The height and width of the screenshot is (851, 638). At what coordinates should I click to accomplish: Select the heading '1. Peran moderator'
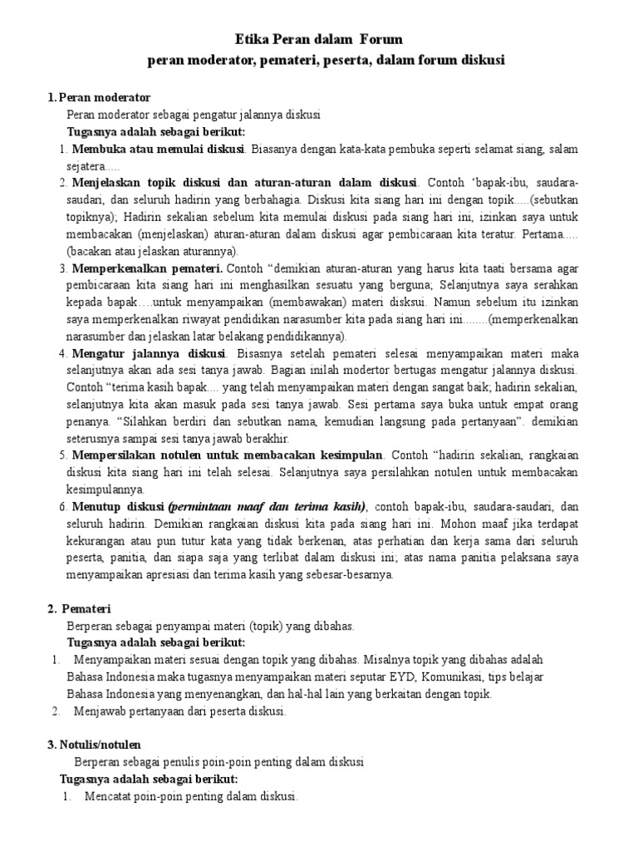pyautogui.click(x=99, y=98)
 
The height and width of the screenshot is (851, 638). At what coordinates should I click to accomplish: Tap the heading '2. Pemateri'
pyautogui.click(x=84, y=609)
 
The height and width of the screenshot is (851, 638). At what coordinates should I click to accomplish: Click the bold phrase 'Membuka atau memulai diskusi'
pyautogui.click(x=158, y=149)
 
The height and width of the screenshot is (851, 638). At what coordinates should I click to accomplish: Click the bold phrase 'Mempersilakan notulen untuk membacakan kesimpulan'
pyautogui.click(x=228, y=455)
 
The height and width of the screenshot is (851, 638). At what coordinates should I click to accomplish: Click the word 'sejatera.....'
pyautogui.click(x=95, y=165)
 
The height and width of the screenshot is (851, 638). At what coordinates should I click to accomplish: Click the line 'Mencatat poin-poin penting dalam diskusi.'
pyautogui.click(x=190, y=796)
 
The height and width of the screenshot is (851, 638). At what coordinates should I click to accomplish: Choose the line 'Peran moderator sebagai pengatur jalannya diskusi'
pyautogui.click(x=194, y=115)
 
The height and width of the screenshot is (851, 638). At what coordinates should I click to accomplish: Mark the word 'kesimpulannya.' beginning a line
pyautogui.click(x=106, y=489)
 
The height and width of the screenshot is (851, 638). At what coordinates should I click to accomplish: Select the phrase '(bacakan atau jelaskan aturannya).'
pyautogui.click(x=153, y=251)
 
